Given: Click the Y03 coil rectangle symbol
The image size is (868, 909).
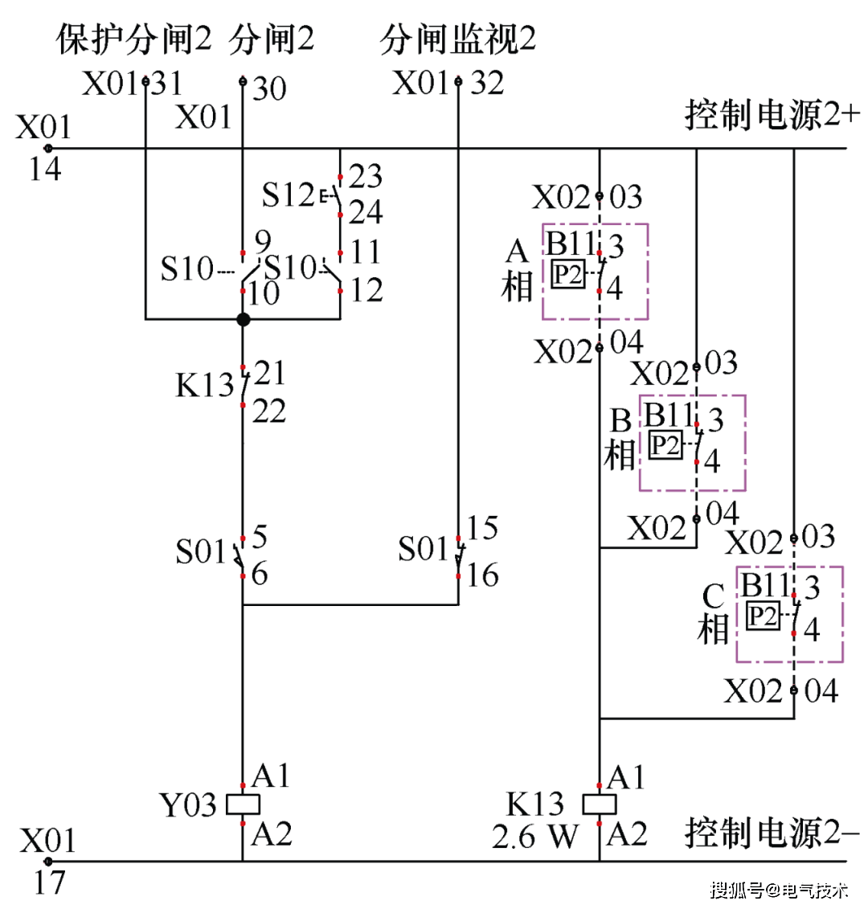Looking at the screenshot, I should point(243,804).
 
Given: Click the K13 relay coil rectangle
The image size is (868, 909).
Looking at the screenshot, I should point(599,804).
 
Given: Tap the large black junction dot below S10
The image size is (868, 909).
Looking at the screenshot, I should point(244,319).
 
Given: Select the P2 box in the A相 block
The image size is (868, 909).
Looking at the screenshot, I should point(567,274).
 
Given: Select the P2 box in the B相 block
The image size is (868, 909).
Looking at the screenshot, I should point(665,444).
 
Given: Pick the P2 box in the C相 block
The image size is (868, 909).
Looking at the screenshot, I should point(763,616).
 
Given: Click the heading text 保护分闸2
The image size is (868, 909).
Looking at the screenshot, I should point(133,39).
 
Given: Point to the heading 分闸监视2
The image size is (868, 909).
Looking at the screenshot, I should point(457,39).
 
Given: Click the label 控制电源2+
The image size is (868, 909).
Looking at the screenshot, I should point(772,115).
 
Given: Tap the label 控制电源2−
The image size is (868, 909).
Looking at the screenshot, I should point(772,833).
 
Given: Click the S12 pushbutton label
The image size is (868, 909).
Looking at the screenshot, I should point(288,194).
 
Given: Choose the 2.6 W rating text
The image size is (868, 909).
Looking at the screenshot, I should point(534,837).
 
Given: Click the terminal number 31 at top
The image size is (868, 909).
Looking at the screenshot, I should point(166,83).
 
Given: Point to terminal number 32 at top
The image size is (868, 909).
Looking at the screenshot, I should point(487,83).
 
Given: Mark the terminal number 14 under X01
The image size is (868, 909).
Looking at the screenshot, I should point(45,168).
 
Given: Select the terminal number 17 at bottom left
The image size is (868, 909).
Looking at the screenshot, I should point(49,882).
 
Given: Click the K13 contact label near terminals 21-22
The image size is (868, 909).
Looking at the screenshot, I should point(204,386).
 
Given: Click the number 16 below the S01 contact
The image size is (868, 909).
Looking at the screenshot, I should point(482,575).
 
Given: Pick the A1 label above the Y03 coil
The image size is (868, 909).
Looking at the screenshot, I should point(271,776).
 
